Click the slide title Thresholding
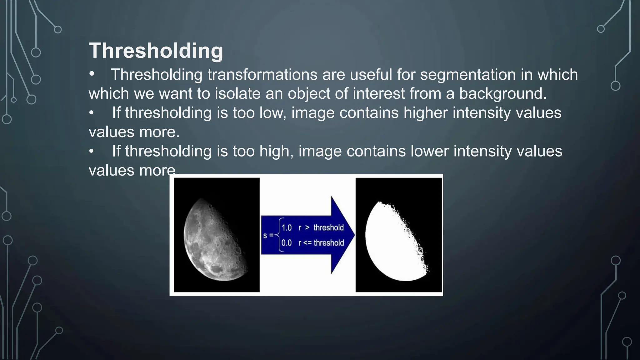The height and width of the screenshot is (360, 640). pos(156,51)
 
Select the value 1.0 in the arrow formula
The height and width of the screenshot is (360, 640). pos(286,228)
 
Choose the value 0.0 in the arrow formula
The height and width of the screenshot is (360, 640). pos(286,243)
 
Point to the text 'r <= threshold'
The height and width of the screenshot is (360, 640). pos(321,243)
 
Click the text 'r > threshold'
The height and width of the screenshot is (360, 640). pos(321,228)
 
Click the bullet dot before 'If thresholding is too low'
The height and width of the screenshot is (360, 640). pos(91,113)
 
